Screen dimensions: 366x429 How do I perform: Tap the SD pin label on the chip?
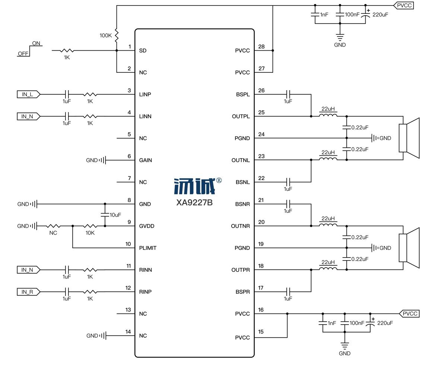(142, 50)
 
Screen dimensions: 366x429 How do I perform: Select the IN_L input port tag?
(27, 94)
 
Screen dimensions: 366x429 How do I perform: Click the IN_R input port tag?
(27, 292)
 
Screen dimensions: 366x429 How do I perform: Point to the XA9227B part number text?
(194, 203)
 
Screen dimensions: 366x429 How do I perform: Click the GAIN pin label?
(145, 160)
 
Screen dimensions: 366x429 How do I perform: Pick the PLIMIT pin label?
(147, 248)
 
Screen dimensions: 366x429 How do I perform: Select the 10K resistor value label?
(90, 233)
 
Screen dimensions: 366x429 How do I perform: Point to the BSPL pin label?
(243, 94)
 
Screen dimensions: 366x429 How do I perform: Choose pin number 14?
(128, 332)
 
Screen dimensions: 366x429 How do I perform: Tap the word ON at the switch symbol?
(36, 43)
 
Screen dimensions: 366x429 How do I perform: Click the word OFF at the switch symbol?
(23, 54)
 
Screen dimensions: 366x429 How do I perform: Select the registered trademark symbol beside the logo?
(219, 180)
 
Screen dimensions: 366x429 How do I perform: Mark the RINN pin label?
(145, 270)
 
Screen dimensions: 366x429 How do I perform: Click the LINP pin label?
(145, 94)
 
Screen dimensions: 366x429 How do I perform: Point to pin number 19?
(261, 244)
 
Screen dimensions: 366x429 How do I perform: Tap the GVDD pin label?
(146, 226)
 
